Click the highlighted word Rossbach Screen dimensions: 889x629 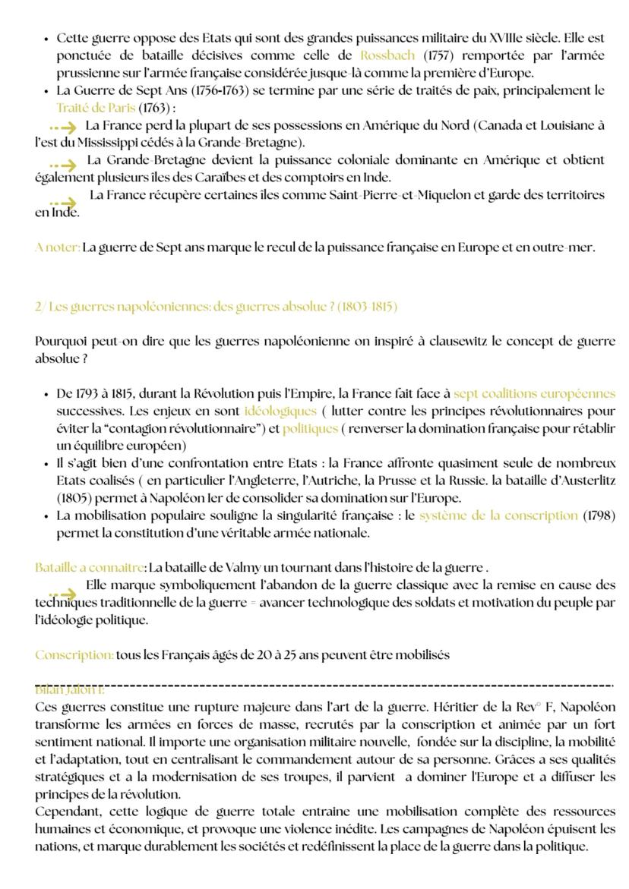(387, 55)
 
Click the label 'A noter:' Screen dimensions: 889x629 (58, 247)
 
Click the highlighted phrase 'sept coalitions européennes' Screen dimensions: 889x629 (534, 393)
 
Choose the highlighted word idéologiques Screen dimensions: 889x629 (280, 411)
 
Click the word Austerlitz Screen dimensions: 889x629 (585, 481)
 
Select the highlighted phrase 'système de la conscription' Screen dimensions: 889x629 (498, 515)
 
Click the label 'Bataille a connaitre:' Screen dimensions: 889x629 (90, 567)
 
